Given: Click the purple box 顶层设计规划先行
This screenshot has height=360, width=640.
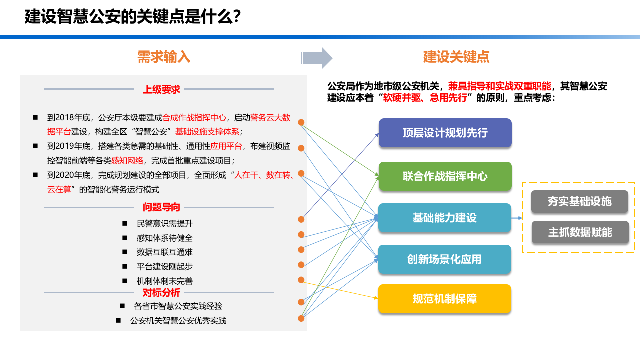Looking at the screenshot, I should [445, 133].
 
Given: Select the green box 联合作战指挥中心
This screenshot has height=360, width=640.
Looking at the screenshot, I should [445, 176].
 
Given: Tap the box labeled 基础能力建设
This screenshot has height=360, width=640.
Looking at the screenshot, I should [445, 218].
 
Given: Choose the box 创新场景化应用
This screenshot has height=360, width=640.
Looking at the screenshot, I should [445, 259].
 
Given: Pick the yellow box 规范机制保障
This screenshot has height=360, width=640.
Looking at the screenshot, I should [445, 299].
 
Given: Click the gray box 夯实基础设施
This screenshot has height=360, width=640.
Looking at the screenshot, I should [580, 201].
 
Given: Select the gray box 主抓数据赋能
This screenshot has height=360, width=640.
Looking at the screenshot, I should [580, 232].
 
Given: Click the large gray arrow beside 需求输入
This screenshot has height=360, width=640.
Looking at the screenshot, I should [317, 58].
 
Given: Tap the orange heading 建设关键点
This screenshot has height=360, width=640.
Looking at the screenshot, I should [456, 57].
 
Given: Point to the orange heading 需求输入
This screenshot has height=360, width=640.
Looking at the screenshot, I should [164, 57].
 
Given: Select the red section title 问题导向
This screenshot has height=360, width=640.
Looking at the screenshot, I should [161, 207].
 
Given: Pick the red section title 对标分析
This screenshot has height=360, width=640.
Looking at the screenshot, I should [161, 293].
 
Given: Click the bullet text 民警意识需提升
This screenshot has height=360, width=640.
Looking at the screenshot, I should [164, 224].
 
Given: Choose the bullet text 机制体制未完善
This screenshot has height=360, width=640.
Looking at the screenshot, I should [164, 281].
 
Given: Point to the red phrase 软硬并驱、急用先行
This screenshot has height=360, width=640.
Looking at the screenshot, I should [427, 98].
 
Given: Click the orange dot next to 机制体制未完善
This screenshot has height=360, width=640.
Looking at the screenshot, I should [301, 280].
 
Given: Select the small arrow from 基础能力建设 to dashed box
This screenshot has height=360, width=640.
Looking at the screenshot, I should [517, 218].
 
